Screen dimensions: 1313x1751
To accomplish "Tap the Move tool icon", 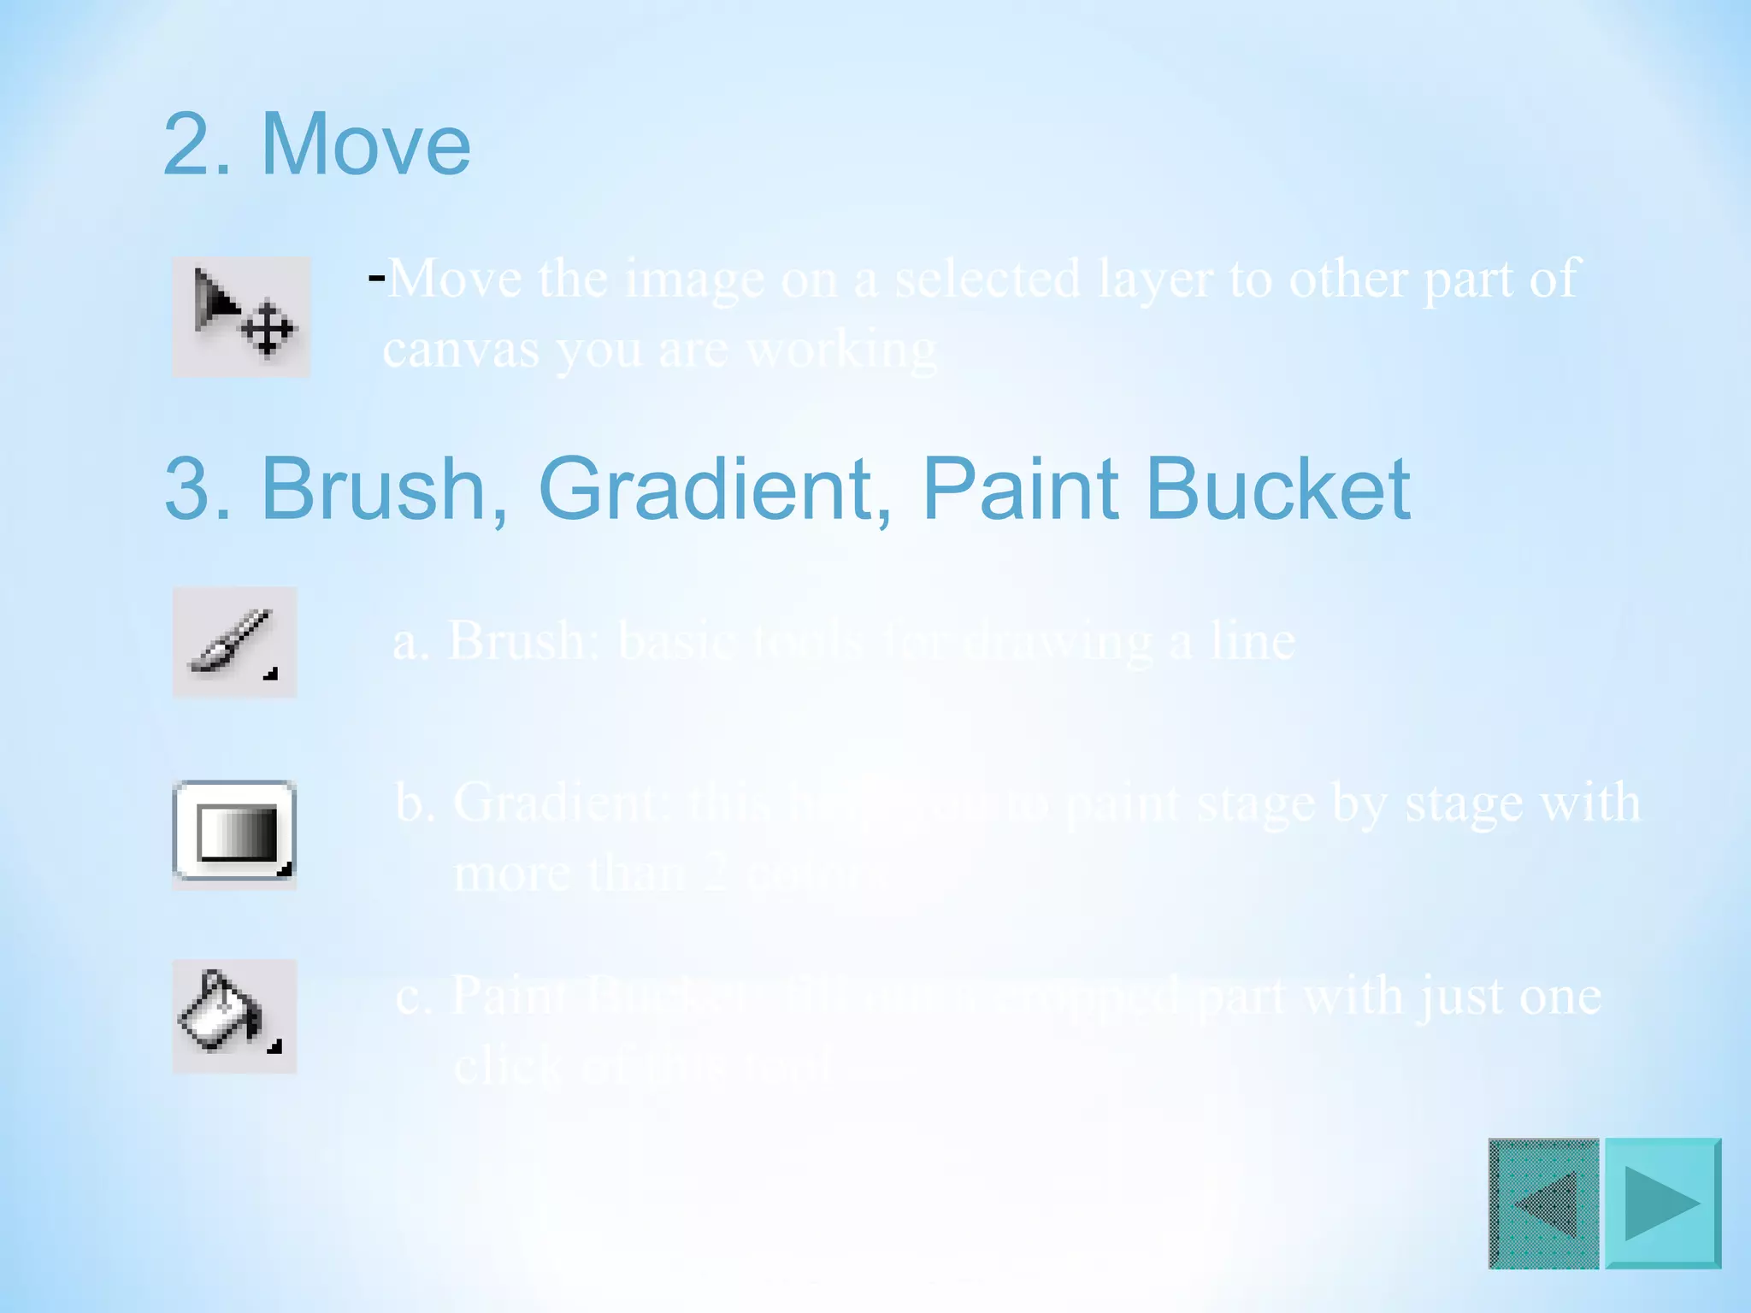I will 241,316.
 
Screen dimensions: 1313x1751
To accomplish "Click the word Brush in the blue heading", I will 373,489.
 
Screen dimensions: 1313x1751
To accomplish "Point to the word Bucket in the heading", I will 1277,489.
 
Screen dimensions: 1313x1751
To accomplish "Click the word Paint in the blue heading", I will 1020,489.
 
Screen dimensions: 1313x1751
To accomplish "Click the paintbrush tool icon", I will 234,642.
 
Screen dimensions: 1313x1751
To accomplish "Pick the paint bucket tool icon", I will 234,1016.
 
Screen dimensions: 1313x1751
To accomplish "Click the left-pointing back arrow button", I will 1543,1203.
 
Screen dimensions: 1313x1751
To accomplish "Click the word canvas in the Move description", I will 460,350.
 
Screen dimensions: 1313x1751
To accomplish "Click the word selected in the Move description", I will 988,280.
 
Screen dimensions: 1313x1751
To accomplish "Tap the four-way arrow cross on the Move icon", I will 267,328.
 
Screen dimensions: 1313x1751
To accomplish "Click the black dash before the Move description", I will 376,277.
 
